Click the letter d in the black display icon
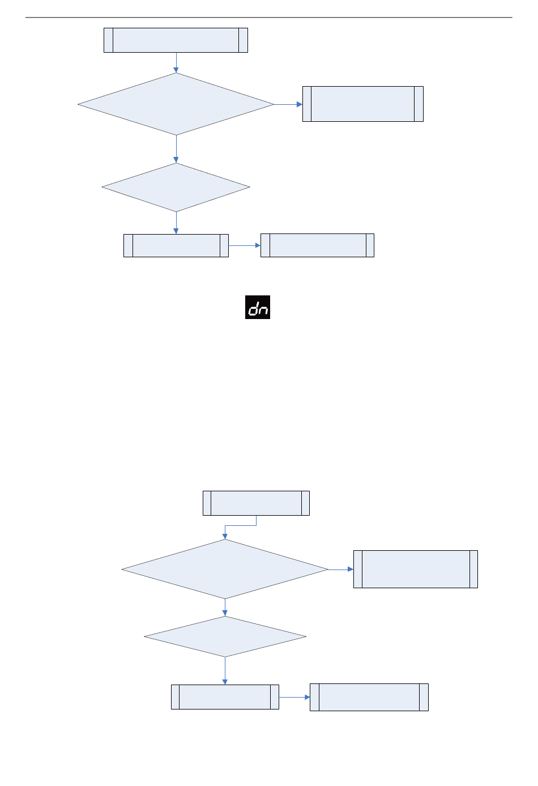click(253, 308)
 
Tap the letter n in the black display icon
click(263, 309)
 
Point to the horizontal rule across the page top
click(268, 17)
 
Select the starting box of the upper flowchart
click(176, 40)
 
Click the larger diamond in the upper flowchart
click(176, 104)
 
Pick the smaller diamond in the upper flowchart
click(176, 188)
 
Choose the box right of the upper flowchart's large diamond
click(362, 104)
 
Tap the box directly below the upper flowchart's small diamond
click(176, 245)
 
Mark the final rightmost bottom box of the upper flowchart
click(317, 245)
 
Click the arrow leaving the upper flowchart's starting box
click(176, 63)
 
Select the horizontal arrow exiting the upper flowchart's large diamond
click(288, 104)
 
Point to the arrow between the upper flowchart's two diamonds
click(176, 149)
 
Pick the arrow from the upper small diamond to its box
click(176, 223)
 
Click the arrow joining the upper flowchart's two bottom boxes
click(244, 245)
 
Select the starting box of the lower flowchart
click(256, 503)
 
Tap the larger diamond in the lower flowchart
click(225, 569)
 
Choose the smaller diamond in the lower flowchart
click(225, 636)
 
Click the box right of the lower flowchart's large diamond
click(415, 569)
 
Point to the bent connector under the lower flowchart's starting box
click(241, 525)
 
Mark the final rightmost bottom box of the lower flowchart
click(369, 697)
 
